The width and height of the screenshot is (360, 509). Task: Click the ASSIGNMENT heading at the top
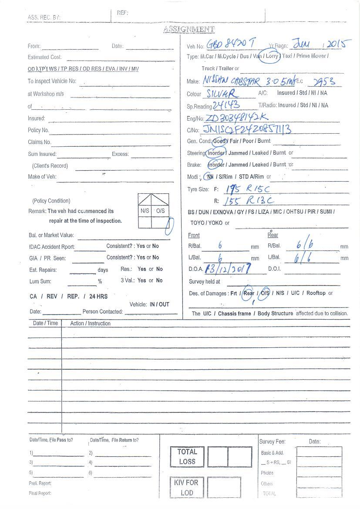point(189,30)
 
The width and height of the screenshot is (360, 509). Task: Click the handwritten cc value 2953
point(324,81)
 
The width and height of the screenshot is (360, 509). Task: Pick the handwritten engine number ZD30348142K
point(236,118)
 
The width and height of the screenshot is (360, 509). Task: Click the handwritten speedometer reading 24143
point(226,105)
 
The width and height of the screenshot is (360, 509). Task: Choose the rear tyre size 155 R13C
point(249,201)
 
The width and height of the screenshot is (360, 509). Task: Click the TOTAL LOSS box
point(187,457)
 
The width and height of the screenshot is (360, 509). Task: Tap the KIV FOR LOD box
point(186,488)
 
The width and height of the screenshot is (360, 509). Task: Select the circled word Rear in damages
point(249,293)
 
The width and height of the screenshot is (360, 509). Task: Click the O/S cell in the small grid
point(160,211)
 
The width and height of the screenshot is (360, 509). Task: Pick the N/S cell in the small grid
point(145,211)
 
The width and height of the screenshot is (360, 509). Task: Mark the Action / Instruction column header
point(90,324)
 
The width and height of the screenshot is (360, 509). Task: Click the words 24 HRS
point(98,296)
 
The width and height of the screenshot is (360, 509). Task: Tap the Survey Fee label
point(272,442)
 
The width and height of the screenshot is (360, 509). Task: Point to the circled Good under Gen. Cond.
point(219,141)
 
